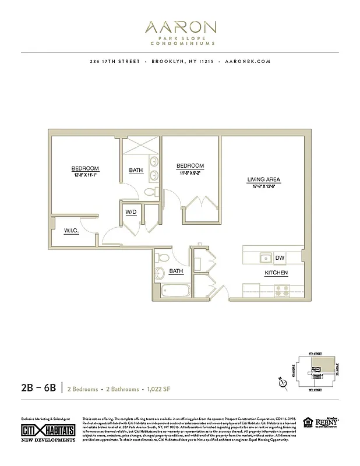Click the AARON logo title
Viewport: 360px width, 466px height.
(180, 27)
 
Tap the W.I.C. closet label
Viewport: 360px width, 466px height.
(72, 231)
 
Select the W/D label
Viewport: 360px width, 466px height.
(130, 212)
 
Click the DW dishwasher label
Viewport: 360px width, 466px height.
(280, 258)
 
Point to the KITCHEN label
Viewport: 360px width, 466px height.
(276, 273)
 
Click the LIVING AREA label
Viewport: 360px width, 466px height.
(264, 180)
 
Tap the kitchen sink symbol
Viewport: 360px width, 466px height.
(265, 257)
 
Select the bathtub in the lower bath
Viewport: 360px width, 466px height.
(173, 290)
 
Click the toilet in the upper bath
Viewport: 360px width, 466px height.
(150, 192)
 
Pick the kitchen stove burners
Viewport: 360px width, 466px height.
(282, 289)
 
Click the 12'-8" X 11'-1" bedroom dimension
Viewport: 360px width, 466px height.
(85, 175)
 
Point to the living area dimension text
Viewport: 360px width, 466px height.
(264, 187)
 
